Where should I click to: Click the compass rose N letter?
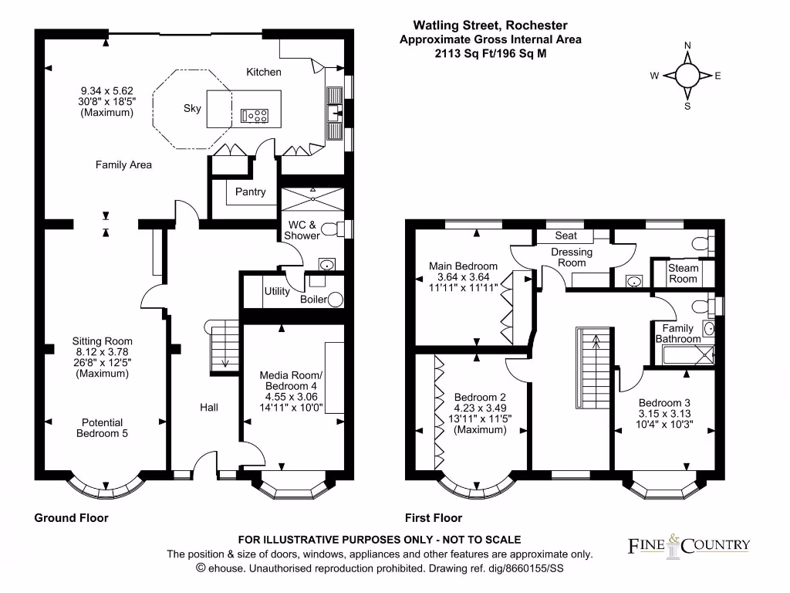tap(687, 46)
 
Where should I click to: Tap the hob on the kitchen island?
tap(255, 116)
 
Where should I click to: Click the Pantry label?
tap(251, 191)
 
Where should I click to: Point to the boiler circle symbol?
tap(335, 300)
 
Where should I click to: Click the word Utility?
tap(277, 291)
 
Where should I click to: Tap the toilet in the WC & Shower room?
tap(329, 229)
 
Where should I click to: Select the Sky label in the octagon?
tap(192, 108)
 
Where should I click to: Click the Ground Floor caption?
tap(71, 517)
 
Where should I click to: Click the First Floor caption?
tap(434, 517)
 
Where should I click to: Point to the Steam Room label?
tap(683, 273)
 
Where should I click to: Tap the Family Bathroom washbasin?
tap(709, 329)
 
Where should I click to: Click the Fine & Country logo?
tap(687, 544)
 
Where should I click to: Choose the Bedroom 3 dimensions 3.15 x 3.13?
tap(664, 414)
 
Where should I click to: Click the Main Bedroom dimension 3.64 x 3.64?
tap(463, 276)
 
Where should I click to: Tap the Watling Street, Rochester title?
tap(490, 25)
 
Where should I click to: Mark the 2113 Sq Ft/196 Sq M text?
tap(490, 53)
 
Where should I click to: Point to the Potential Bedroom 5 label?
tap(103, 428)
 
